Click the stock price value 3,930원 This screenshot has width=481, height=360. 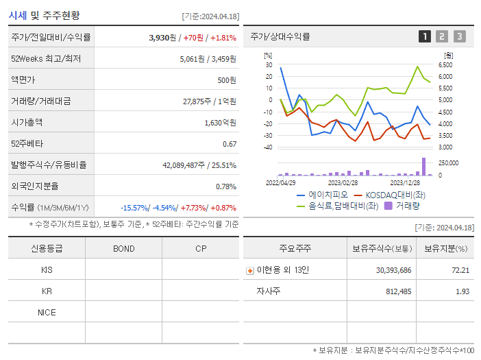point(163,37)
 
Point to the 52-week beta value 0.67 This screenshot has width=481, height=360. point(230,143)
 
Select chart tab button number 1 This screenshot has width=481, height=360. point(425,36)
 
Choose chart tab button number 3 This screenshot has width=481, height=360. point(459,36)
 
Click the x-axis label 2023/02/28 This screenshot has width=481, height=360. point(343,182)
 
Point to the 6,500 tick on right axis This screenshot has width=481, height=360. point(445,64)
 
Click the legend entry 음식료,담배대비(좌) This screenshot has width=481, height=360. point(336,205)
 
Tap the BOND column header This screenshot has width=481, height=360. point(123,248)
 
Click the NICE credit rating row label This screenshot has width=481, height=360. point(47,312)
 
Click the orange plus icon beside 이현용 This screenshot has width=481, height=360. point(250,271)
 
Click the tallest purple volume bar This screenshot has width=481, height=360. point(423,167)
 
